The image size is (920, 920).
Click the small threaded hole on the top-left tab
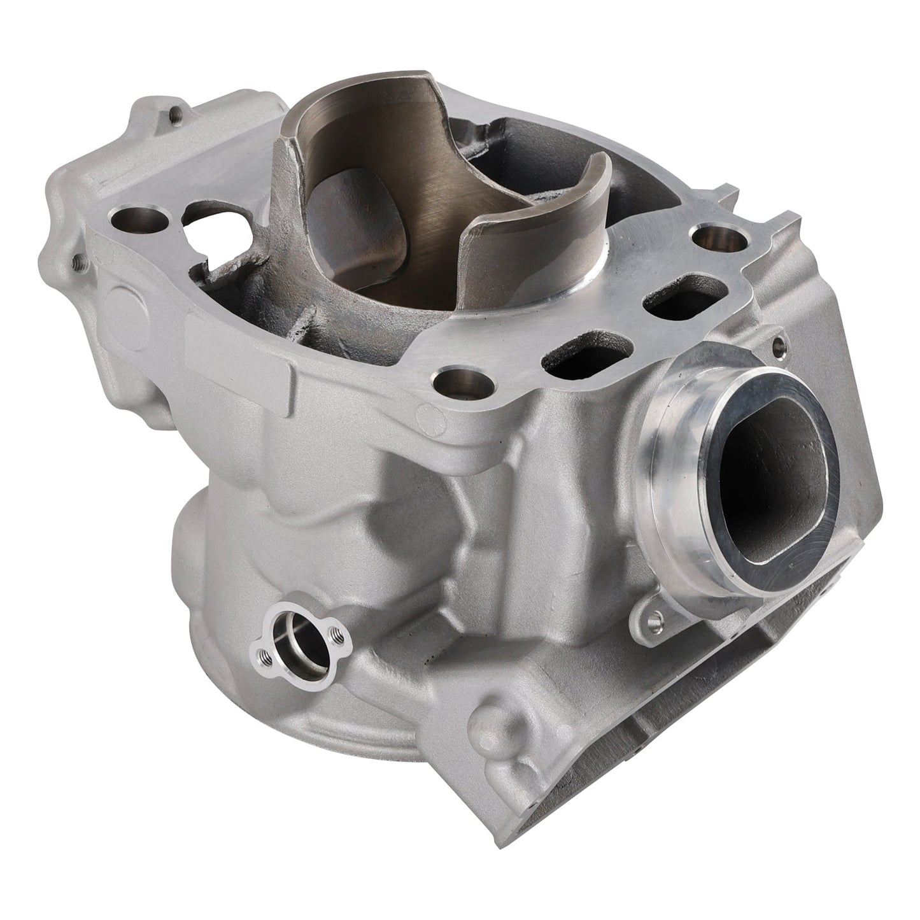(173, 116)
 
